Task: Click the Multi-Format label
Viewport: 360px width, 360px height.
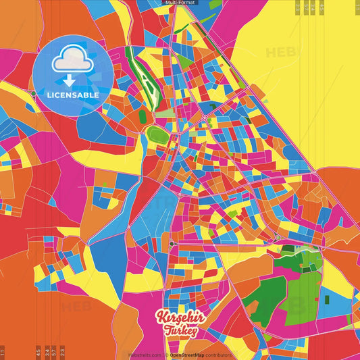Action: (x=179, y=3)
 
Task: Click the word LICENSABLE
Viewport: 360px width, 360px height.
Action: (x=73, y=95)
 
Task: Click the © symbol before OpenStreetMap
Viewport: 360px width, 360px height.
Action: (x=167, y=355)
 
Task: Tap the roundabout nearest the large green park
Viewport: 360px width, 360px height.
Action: (x=278, y=238)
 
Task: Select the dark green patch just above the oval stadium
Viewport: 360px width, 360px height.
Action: (x=143, y=115)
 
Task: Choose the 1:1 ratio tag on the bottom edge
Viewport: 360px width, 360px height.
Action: (x=3, y=353)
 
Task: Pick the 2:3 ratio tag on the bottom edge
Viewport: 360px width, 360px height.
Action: (x=63, y=353)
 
